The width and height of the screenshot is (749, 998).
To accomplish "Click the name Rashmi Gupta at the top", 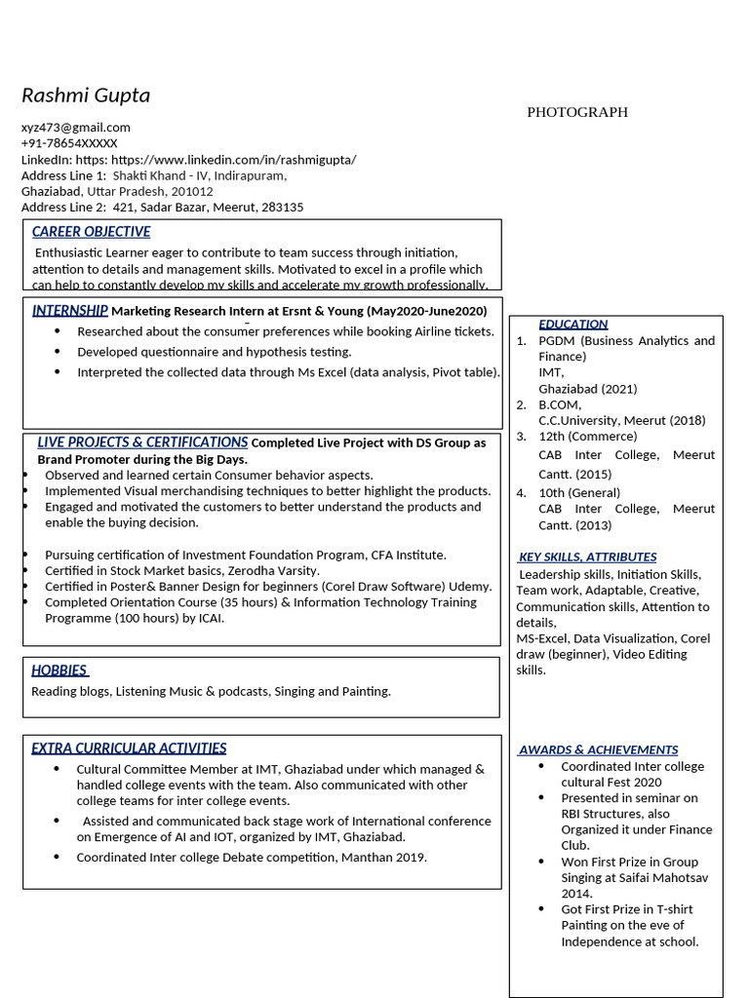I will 86,96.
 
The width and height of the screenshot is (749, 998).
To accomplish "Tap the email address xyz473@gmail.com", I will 76,128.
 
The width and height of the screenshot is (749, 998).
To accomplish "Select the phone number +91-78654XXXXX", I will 69,143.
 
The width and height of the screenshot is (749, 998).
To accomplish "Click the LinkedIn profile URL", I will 234,160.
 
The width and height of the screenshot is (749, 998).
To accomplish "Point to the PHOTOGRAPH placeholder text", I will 577,112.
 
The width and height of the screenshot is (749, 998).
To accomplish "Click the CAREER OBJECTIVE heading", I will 91,232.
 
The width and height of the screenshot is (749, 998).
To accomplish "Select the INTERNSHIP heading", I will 69,311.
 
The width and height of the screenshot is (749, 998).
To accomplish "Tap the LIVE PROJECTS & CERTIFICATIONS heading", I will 142,442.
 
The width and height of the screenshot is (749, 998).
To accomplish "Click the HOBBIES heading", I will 59,671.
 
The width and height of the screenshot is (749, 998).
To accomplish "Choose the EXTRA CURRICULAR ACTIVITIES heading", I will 129,748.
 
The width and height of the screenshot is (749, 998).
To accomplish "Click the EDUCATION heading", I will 572,325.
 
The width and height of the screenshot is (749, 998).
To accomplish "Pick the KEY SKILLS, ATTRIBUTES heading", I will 587,557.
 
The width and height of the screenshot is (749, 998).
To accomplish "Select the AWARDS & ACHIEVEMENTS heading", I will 598,750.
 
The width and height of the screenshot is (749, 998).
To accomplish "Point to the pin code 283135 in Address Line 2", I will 283,208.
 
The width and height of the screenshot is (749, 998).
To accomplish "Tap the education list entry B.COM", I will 560,404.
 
